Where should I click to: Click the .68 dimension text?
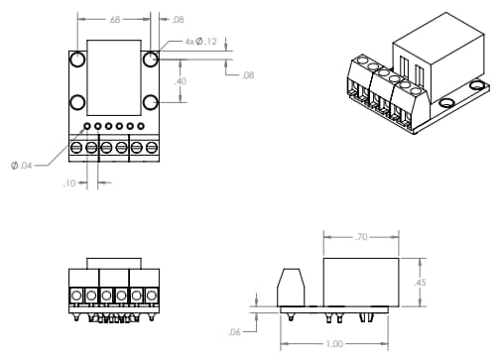[x=115, y=19]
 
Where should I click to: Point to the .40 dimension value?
[x=181, y=81]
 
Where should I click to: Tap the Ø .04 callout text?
[x=22, y=165]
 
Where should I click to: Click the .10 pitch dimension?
[x=69, y=182]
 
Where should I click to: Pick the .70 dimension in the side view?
[x=362, y=238]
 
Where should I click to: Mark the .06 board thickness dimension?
[x=235, y=331]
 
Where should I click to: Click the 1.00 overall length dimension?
[x=334, y=344]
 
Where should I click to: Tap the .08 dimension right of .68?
[x=179, y=19]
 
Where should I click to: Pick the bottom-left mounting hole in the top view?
[x=77, y=102]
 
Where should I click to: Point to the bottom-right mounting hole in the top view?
[x=150, y=102]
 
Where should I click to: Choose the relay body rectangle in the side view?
[x=362, y=282]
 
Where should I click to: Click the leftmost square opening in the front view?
[x=75, y=296]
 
